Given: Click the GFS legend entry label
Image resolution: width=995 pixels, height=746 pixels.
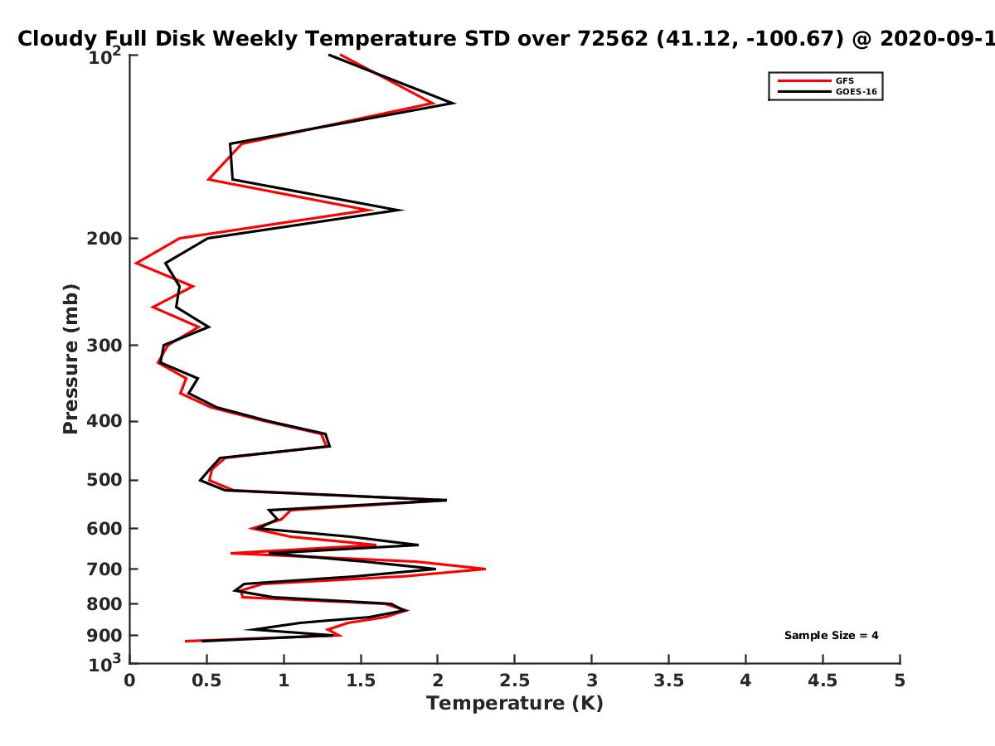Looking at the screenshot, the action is pos(844,80).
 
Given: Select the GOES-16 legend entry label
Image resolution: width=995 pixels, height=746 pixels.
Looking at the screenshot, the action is pos(857,91).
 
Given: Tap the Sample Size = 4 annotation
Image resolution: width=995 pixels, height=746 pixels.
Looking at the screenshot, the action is pos(832,636).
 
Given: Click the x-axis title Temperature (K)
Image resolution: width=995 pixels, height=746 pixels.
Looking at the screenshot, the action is pos(515,704).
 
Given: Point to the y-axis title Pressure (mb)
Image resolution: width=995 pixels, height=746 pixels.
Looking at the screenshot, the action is pos(70,359).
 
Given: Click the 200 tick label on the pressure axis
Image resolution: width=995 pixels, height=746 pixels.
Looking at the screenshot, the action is pos(104,239).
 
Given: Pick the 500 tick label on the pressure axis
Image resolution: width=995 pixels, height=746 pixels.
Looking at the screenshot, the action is pos(104,480).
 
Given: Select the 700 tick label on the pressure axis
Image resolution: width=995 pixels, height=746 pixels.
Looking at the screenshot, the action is pos(104,569).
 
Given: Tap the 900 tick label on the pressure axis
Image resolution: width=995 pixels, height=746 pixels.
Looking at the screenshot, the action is pos(104,636).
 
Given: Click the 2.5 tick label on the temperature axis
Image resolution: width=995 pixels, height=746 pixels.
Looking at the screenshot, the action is pos(515,681).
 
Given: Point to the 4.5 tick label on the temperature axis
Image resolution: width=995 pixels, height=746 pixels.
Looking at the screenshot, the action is pos(823,681).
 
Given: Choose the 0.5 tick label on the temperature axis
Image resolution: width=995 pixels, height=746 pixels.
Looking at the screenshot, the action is pos(206,681).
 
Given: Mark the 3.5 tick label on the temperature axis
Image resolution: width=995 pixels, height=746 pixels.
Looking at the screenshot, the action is pos(668,681).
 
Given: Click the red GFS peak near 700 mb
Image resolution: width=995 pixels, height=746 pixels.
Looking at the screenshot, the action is pos(485,569).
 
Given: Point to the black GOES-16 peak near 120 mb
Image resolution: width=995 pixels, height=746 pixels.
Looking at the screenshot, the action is pos(454,104).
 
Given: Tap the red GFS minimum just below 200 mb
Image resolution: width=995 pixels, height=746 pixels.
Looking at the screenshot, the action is pos(136,263).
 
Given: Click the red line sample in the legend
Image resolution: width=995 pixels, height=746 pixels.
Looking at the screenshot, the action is pos(804,80).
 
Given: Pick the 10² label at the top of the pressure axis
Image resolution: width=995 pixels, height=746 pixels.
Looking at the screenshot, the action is pos(104,56).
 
